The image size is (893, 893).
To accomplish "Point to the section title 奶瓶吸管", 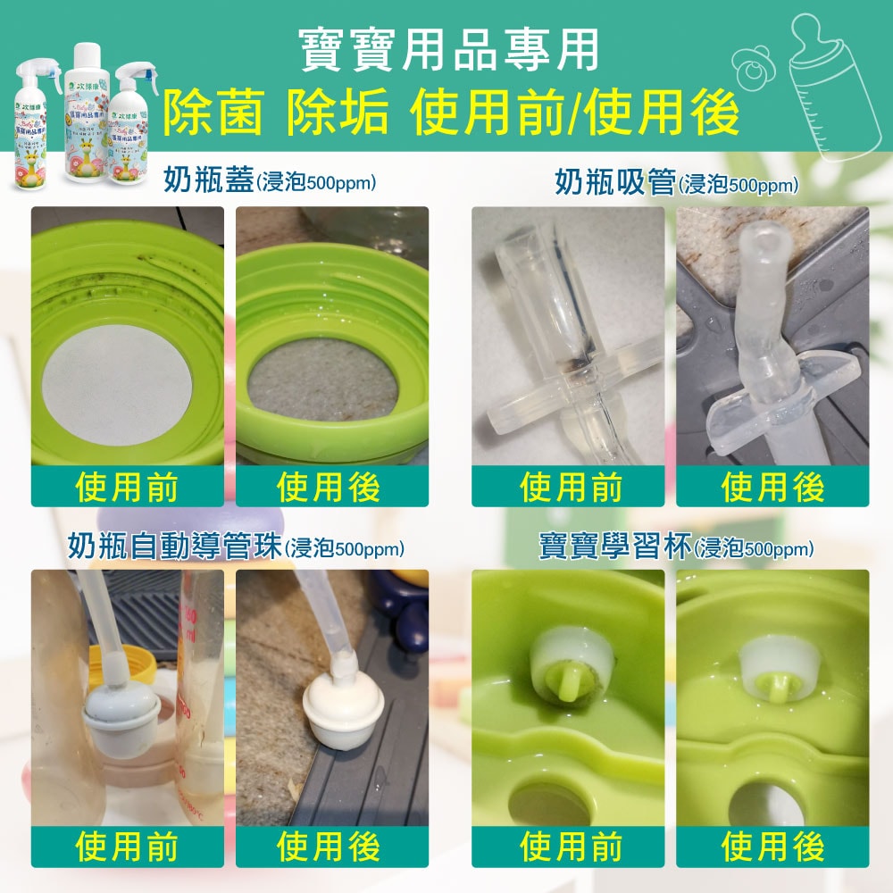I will click(615, 182).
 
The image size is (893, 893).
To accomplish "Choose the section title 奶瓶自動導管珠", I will click(175, 546).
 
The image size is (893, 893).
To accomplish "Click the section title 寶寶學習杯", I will click(615, 546).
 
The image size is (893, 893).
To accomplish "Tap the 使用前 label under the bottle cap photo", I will click(127, 488).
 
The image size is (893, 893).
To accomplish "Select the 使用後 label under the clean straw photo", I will click(772, 488).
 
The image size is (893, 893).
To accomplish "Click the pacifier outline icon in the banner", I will click(753, 64).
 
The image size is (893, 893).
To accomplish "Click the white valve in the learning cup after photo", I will click(773, 665).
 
